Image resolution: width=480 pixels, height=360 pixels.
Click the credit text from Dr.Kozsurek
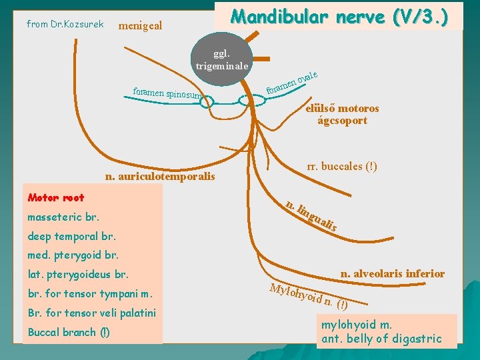pos(65,24)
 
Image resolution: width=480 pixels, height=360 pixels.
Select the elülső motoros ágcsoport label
pos(342,115)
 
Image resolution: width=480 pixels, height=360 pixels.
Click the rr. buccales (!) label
pos(342,166)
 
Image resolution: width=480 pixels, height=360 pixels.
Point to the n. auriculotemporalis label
pos(160,177)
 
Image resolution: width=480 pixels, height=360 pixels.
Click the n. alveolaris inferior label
pos(392,273)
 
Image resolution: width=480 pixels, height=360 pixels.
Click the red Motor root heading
pos(56,197)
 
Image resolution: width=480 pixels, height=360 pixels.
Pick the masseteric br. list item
pos(63,217)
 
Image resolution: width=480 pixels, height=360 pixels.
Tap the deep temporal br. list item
pos(71,236)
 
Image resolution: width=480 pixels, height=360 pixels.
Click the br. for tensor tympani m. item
pos(90,293)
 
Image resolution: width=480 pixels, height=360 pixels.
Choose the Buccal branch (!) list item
pos(69,332)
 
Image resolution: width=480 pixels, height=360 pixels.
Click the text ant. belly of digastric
pos(381,339)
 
